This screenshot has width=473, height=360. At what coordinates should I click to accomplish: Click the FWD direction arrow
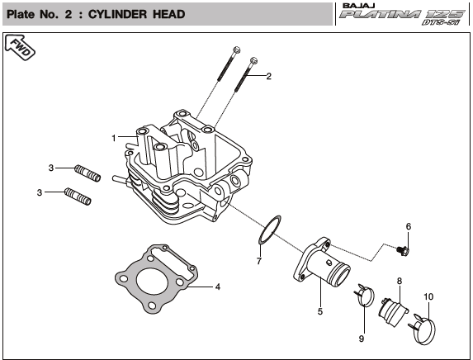pyautogui.click(x=20, y=47)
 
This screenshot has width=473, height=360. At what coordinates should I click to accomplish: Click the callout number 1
pyautogui.click(x=114, y=138)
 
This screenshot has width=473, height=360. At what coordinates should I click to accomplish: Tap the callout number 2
pyautogui.click(x=268, y=76)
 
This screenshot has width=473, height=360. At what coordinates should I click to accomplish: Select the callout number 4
pyautogui.click(x=217, y=287)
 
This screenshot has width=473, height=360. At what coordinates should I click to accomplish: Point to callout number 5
pyautogui.click(x=320, y=311)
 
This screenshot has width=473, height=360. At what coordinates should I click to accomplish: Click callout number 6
pyautogui.click(x=409, y=226)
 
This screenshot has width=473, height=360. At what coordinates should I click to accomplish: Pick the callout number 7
pyautogui.click(x=259, y=261)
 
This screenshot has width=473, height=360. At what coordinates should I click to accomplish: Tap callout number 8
pyautogui.click(x=399, y=282)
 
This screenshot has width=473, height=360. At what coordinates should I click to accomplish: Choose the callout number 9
pyautogui.click(x=362, y=339)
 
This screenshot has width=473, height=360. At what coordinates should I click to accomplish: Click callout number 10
pyautogui.click(x=428, y=297)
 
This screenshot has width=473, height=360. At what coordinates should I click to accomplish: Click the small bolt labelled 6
pyautogui.click(x=402, y=251)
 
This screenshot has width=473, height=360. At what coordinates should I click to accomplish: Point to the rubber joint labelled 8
pyautogui.click(x=393, y=311)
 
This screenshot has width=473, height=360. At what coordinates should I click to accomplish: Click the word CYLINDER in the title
pyautogui.click(x=118, y=14)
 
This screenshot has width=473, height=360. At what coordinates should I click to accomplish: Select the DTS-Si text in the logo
pyautogui.click(x=441, y=22)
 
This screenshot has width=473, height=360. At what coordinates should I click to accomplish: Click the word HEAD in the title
pyautogui.click(x=169, y=14)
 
